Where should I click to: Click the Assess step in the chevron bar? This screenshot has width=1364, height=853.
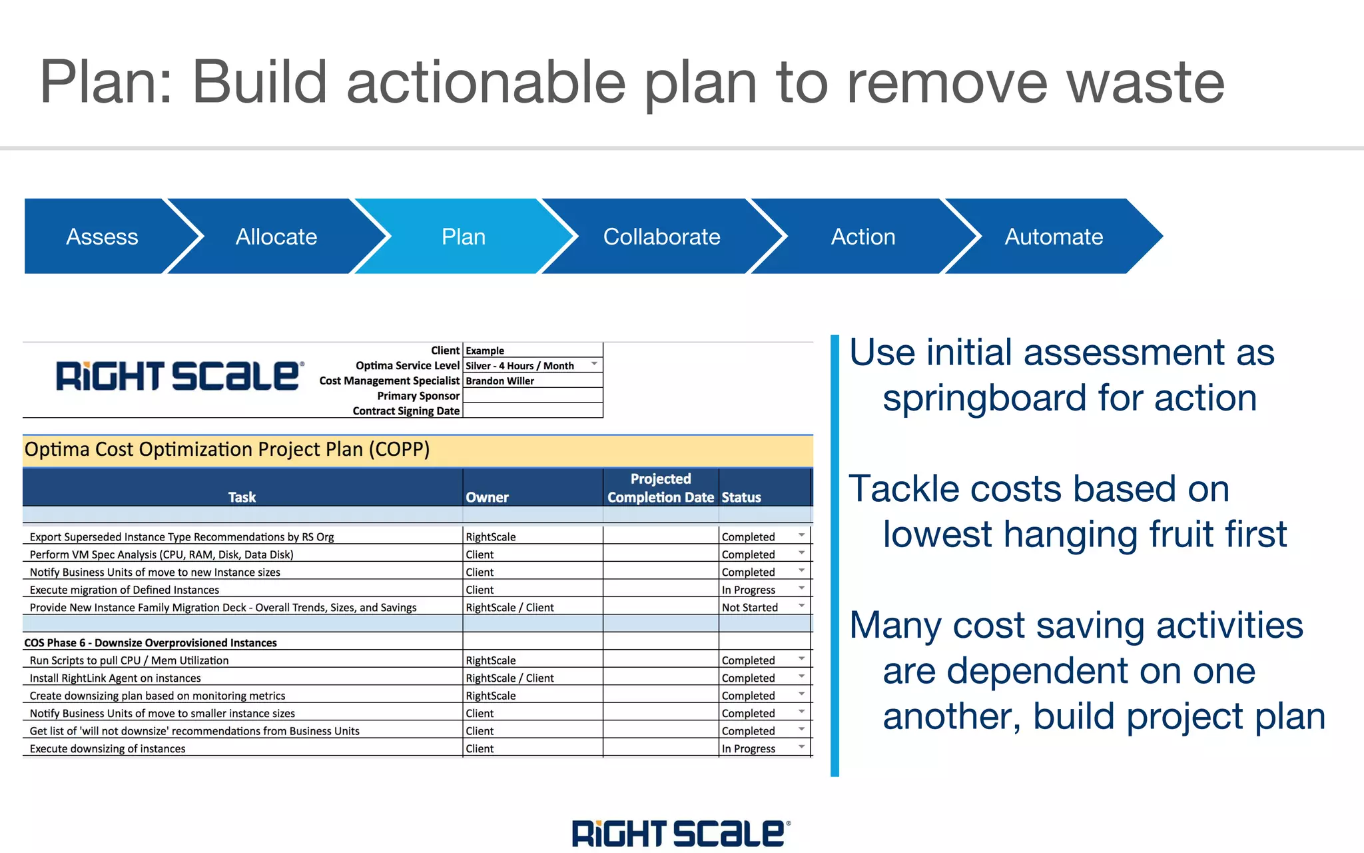pos(101,237)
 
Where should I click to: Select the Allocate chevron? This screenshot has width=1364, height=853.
pos(276,237)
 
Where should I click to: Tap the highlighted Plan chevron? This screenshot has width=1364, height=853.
pos(464,237)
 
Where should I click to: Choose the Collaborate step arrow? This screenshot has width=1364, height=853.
pos(661,237)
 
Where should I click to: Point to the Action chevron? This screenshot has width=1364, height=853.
pos(862,237)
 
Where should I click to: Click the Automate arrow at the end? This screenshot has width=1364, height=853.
pos(1054,237)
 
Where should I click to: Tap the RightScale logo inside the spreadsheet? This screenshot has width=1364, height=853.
pos(179,377)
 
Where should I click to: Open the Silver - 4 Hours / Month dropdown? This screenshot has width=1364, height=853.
pos(593,365)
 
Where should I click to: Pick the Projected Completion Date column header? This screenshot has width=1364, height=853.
pos(660,488)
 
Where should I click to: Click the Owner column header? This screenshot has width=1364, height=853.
pos(487,497)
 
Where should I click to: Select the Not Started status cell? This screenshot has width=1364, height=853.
pos(750,607)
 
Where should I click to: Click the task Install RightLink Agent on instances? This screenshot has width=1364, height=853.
pos(115,678)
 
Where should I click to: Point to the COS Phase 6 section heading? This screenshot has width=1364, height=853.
pos(151,642)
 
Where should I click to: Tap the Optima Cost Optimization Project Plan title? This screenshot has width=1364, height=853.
pos(227,449)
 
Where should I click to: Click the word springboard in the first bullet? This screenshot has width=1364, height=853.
pos(984,398)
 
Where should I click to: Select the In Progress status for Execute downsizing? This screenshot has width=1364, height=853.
pos(749,748)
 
